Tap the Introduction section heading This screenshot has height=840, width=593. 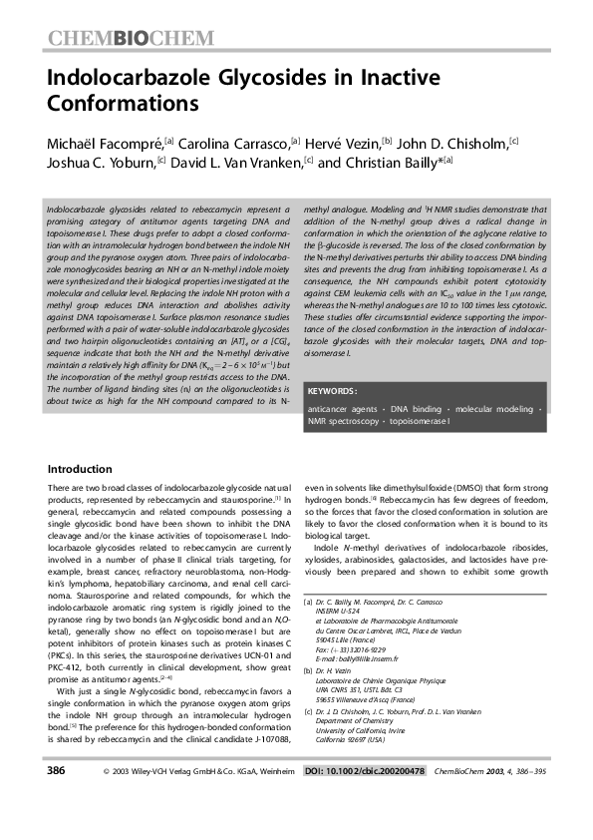point(81,469)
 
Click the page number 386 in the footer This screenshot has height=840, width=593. point(58,798)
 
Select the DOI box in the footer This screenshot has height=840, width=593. point(364,799)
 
